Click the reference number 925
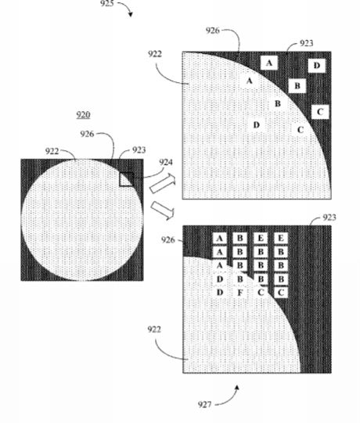click(107, 3)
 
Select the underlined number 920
click(83, 115)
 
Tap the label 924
click(166, 162)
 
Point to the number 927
click(204, 404)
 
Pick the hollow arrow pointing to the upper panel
click(162, 184)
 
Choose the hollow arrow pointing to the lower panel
click(163, 210)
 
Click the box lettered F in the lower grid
click(239, 292)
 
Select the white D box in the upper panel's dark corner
click(316, 65)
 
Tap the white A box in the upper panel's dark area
click(269, 63)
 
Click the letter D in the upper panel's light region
click(256, 125)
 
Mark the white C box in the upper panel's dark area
click(320, 112)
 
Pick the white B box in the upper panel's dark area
click(297, 86)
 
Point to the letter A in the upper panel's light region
click(250, 81)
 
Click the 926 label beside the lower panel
click(167, 239)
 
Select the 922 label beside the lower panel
click(154, 329)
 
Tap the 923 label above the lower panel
click(329, 217)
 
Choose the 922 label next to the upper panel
click(155, 54)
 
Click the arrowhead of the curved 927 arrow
click(237, 388)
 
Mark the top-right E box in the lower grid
click(281, 238)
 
